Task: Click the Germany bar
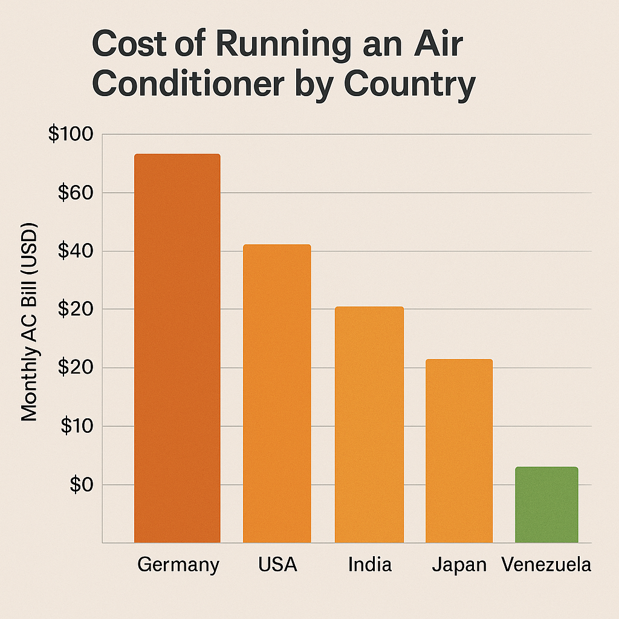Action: point(177,348)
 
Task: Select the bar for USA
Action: point(277,394)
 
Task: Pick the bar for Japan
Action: point(459,451)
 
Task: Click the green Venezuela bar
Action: point(546,505)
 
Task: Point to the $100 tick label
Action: point(70,135)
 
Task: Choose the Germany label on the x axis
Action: point(178,565)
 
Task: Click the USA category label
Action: point(277,565)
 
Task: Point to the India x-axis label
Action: point(370,565)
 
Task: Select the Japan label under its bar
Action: point(459,565)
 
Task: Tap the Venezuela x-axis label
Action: point(546,565)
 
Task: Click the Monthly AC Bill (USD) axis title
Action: point(30,323)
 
